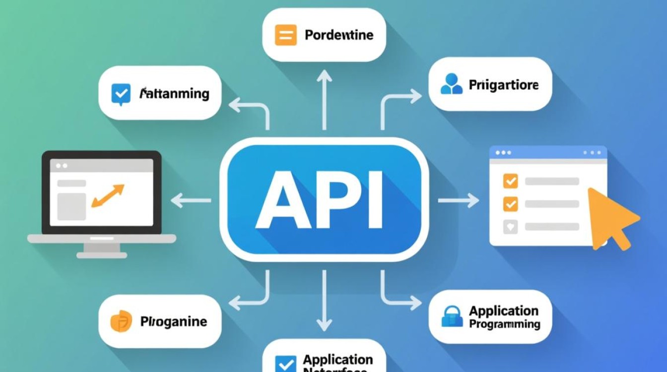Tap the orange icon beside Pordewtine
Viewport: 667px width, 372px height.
(x=285, y=36)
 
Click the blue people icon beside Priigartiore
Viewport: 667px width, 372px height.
(x=451, y=84)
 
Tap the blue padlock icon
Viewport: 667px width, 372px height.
(x=452, y=317)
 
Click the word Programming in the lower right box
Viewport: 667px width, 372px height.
(x=504, y=324)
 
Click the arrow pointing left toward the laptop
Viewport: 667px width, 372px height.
(x=191, y=200)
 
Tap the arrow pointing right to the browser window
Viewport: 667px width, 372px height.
(x=459, y=200)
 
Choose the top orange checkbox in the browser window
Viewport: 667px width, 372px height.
(x=510, y=181)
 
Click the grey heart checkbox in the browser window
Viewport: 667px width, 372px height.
(x=510, y=227)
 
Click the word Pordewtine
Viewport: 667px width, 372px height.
(x=339, y=35)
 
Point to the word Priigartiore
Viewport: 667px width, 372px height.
(x=503, y=85)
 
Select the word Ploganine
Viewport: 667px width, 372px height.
(x=173, y=321)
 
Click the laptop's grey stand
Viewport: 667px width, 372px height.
(x=102, y=248)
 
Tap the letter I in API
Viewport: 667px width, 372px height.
(x=376, y=200)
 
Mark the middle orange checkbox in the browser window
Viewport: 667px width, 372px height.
(x=510, y=203)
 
